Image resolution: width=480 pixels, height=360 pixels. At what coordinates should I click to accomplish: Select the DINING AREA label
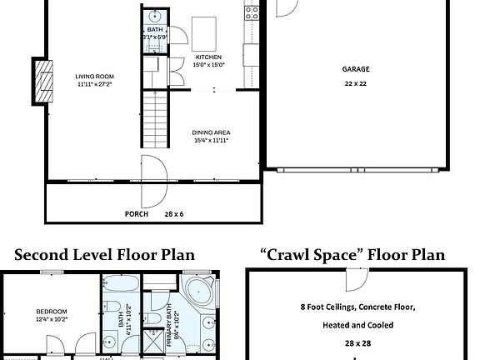(210, 132)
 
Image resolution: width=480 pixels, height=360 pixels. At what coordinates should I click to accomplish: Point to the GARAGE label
(355, 69)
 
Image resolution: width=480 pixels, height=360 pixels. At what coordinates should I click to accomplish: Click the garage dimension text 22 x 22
(355, 84)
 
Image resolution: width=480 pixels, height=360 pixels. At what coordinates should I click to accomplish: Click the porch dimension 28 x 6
(175, 213)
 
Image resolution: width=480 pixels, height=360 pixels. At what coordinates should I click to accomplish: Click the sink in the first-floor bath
(156, 17)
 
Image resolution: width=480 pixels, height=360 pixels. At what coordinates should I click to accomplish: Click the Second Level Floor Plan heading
(104, 254)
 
